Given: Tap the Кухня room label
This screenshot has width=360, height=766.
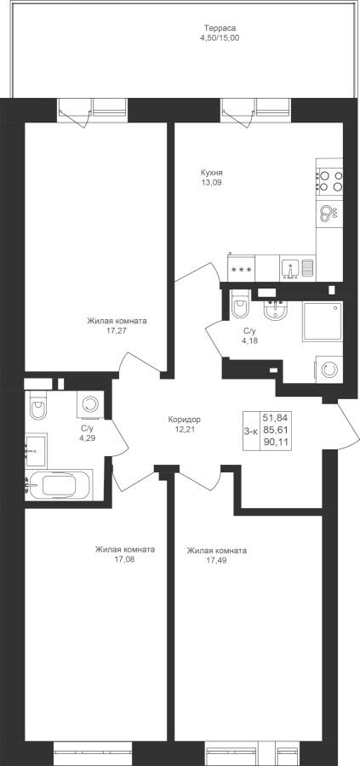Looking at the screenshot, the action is (212, 173).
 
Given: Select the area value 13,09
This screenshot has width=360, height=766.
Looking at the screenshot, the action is (212, 182).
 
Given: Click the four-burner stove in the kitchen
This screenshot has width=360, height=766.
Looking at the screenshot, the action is (329, 180).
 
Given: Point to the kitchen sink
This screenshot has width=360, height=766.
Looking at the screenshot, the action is (290, 269).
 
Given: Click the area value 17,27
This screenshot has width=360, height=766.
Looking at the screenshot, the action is (117, 330).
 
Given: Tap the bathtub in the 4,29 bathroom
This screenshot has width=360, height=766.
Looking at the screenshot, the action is (59, 485).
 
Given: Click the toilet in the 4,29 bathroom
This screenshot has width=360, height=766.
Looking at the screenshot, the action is (37, 405).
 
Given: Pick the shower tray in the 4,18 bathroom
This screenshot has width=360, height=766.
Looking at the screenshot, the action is (323, 321).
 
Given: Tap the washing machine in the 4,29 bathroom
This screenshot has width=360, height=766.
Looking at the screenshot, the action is (90, 404).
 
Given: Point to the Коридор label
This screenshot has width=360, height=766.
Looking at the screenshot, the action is (184, 420).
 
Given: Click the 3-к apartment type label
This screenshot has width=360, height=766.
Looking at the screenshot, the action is (250, 431).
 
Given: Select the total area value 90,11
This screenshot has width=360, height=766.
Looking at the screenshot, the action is (276, 443).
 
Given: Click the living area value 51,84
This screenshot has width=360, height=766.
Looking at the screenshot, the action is (276, 418).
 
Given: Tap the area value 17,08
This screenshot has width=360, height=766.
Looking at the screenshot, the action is (124, 559).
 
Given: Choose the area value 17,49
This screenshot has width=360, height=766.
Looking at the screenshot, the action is (216, 560).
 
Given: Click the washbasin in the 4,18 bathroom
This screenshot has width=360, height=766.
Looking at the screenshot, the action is (277, 310).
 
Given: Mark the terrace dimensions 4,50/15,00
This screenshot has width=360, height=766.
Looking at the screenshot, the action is (220, 37).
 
